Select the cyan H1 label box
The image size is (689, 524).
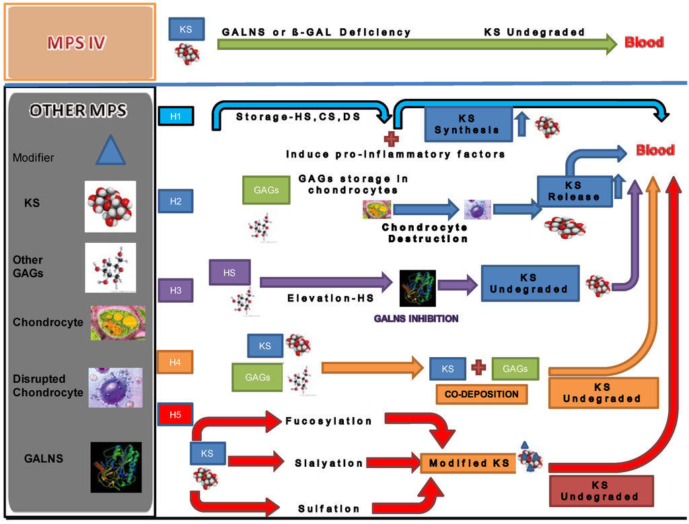click(x=176, y=116)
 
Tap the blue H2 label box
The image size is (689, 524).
click(x=175, y=200)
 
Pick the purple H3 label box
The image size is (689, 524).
click(x=176, y=290)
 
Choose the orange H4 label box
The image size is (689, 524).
click(x=175, y=362)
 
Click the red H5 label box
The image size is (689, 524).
click(x=175, y=414)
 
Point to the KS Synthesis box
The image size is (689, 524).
click(x=468, y=124)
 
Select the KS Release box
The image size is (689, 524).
click(x=574, y=190)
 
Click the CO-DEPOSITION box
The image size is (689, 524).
click(x=481, y=394)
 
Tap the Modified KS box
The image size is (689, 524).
click(x=468, y=463)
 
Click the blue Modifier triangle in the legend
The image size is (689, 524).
click(x=110, y=149)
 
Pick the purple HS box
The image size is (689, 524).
click(x=229, y=272)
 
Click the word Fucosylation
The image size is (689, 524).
click(x=328, y=421)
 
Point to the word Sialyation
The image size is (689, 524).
click(x=329, y=463)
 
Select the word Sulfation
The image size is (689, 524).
click(x=329, y=509)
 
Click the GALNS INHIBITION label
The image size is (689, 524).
click(x=417, y=318)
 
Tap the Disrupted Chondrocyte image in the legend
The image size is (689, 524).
click(x=115, y=387)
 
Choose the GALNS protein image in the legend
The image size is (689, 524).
click(x=116, y=467)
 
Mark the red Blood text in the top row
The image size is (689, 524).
click(x=644, y=42)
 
